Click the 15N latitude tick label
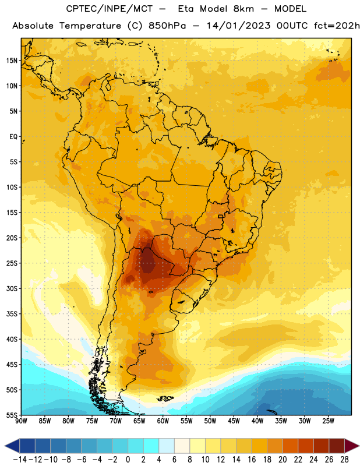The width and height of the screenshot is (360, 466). click(12, 61)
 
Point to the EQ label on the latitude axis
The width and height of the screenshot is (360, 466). click(13, 137)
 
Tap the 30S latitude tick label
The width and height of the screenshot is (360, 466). click(12, 288)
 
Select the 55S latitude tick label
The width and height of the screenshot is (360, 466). click(12, 415)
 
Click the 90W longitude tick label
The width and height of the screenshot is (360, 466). click(21, 421)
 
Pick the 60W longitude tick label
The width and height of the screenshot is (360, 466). click(163, 421)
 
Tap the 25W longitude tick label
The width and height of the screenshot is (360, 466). click(328, 421)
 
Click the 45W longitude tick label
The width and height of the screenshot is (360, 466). click(234, 421)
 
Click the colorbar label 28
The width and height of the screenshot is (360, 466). click(344, 460)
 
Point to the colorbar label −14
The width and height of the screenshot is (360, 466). click(20, 460)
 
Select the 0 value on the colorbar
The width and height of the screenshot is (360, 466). click(128, 460)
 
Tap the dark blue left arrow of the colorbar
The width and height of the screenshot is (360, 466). click(12, 446)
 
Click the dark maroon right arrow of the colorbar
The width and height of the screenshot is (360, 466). click(352, 446)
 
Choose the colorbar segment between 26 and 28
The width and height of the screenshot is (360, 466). click(337, 446)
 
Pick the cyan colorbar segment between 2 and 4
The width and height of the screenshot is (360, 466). click(151, 446)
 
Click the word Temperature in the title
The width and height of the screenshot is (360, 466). click(90, 26)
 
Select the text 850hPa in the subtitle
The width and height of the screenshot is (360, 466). click(167, 26)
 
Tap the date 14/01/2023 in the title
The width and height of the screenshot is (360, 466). click(238, 26)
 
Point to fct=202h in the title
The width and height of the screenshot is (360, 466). click(337, 26)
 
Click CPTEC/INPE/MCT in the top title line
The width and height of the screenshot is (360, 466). click(110, 9)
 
